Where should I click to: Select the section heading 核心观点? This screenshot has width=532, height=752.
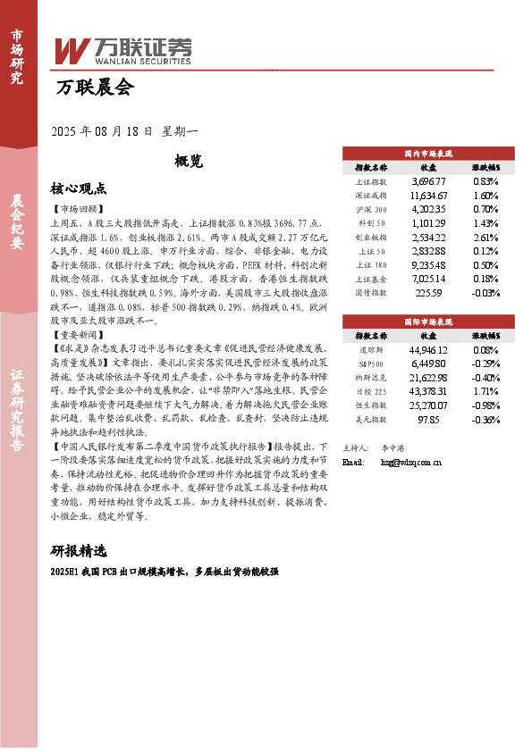point(79,188)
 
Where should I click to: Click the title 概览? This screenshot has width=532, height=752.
point(189,162)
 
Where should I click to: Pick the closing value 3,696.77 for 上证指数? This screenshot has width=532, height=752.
point(428,181)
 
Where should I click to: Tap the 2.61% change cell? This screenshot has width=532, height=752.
point(485,238)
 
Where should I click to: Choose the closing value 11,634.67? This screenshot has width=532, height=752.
point(428,195)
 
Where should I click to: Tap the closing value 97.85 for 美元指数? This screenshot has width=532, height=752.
point(428,418)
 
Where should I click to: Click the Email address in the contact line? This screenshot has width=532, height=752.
point(412,462)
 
